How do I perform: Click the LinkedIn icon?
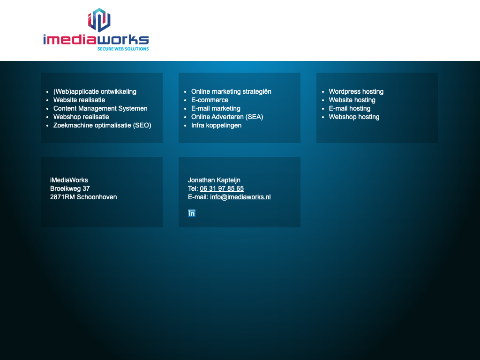[x=192, y=213]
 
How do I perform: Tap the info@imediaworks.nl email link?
[x=240, y=197]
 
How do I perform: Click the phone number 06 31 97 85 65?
[x=222, y=188]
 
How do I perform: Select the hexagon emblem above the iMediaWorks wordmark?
[x=99, y=20]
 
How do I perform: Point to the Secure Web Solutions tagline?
[x=123, y=49]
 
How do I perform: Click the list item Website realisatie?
[x=79, y=100]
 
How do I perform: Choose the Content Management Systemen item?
[x=100, y=108]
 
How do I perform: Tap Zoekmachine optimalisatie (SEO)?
[x=102, y=126]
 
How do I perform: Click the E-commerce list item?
[x=210, y=100]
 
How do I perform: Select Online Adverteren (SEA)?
[x=227, y=117]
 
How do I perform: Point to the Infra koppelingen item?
[x=217, y=126]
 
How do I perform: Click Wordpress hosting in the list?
[x=356, y=91]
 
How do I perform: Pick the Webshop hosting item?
[x=354, y=117]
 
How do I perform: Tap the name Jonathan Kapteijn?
[x=214, y=180]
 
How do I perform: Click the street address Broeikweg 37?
[x=70, y=188]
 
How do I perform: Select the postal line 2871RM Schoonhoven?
[x=83, y=197]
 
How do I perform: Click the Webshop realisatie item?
[x=81, y=117]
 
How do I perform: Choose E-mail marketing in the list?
[x=216, y=108]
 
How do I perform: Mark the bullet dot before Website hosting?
[x=323, y=100]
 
